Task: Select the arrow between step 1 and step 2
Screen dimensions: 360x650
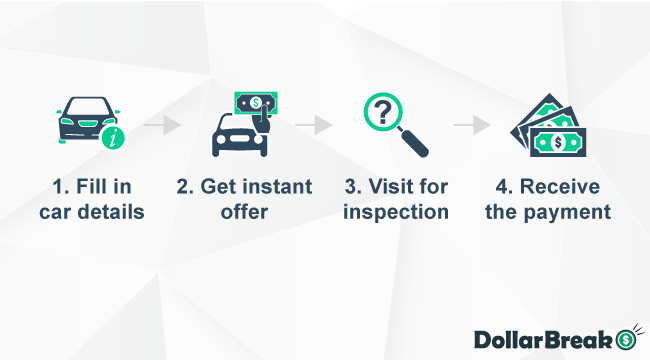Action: [x=163, y=126]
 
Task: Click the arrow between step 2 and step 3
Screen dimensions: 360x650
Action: [x=314, y=126]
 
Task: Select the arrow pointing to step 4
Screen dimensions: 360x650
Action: [x=472, y=126]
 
